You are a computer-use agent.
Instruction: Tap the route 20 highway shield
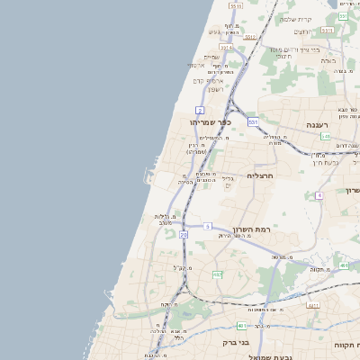184,234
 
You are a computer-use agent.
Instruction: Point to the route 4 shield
319,194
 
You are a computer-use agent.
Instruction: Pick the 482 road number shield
217,274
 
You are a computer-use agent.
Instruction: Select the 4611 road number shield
313,306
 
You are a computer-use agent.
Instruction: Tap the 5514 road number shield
225,47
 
